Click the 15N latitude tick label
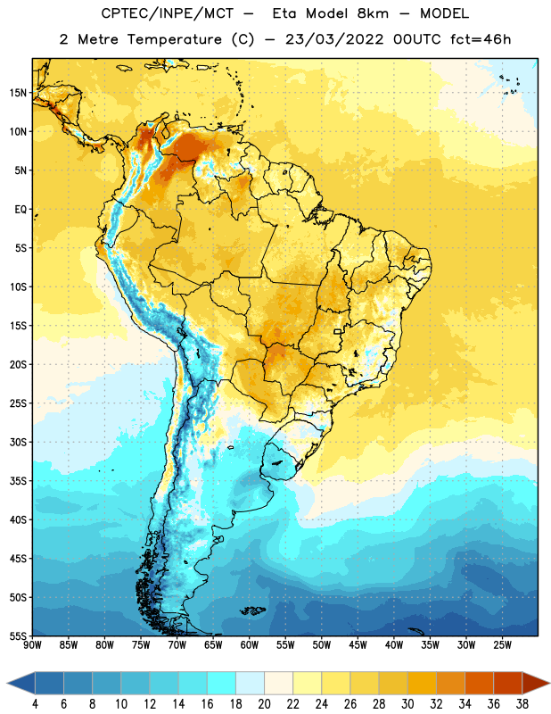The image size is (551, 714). click(x=18, y=93)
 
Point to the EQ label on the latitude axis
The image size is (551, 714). click(x=21, y=210)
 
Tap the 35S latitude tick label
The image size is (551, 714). click(x=19, y=481)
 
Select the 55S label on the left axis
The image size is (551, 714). click(x=19, y=636)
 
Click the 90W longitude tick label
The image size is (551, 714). click(x=32, y=645)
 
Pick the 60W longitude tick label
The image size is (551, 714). click(x=250, y=645)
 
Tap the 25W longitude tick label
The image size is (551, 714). click(x=502, y=645)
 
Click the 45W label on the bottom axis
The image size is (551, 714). click(x=358, y=645)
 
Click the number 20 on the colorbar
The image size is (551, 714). click(x=264, y=704)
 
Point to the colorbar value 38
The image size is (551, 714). click(x=522, y=704)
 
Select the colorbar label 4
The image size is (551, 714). click(x=35, y=704)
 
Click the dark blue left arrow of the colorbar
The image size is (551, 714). click(x=21, y=683)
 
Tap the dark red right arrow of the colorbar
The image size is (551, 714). click(x=536, y=683)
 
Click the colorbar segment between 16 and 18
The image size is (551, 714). click(x=222, y=683)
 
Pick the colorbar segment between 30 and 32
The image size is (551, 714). click(x=423, y=683)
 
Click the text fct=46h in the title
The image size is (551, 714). click(x=481, y=39)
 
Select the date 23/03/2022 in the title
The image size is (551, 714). click(x=334, y=39)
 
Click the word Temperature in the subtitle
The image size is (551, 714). click(x=174, y=39)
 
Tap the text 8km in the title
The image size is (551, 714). click(x=373, y=13)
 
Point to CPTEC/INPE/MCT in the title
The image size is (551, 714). click(x=167, y=13)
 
